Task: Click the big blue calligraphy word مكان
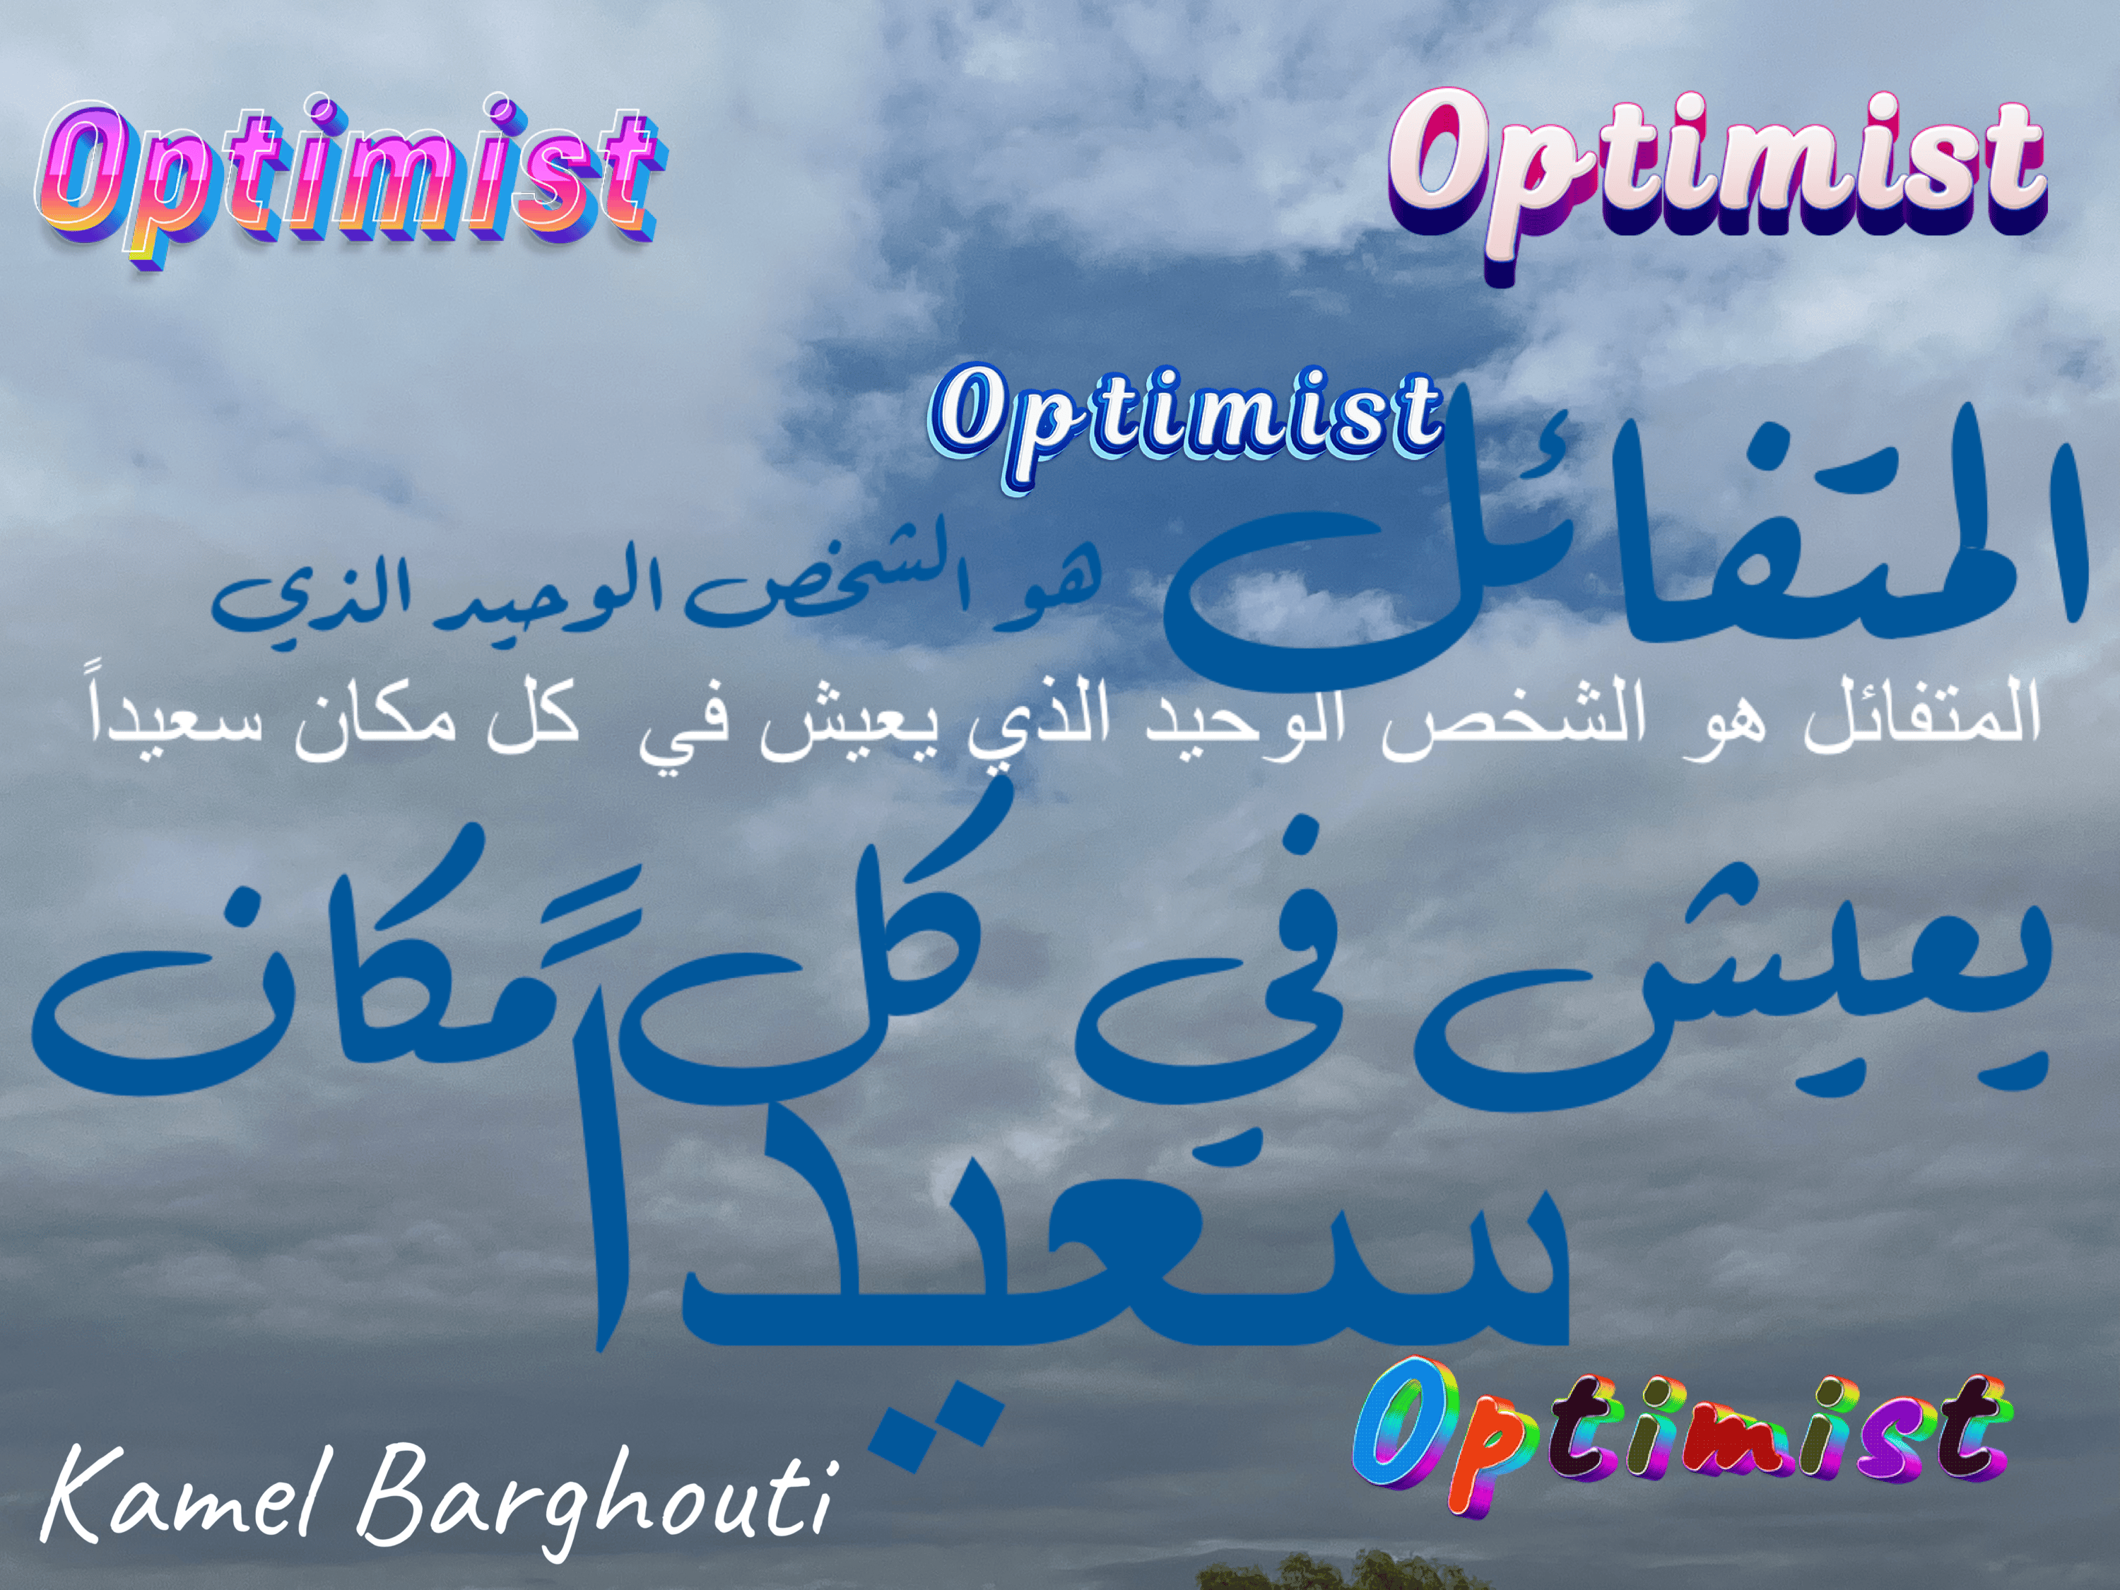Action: tap(317, 987)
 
